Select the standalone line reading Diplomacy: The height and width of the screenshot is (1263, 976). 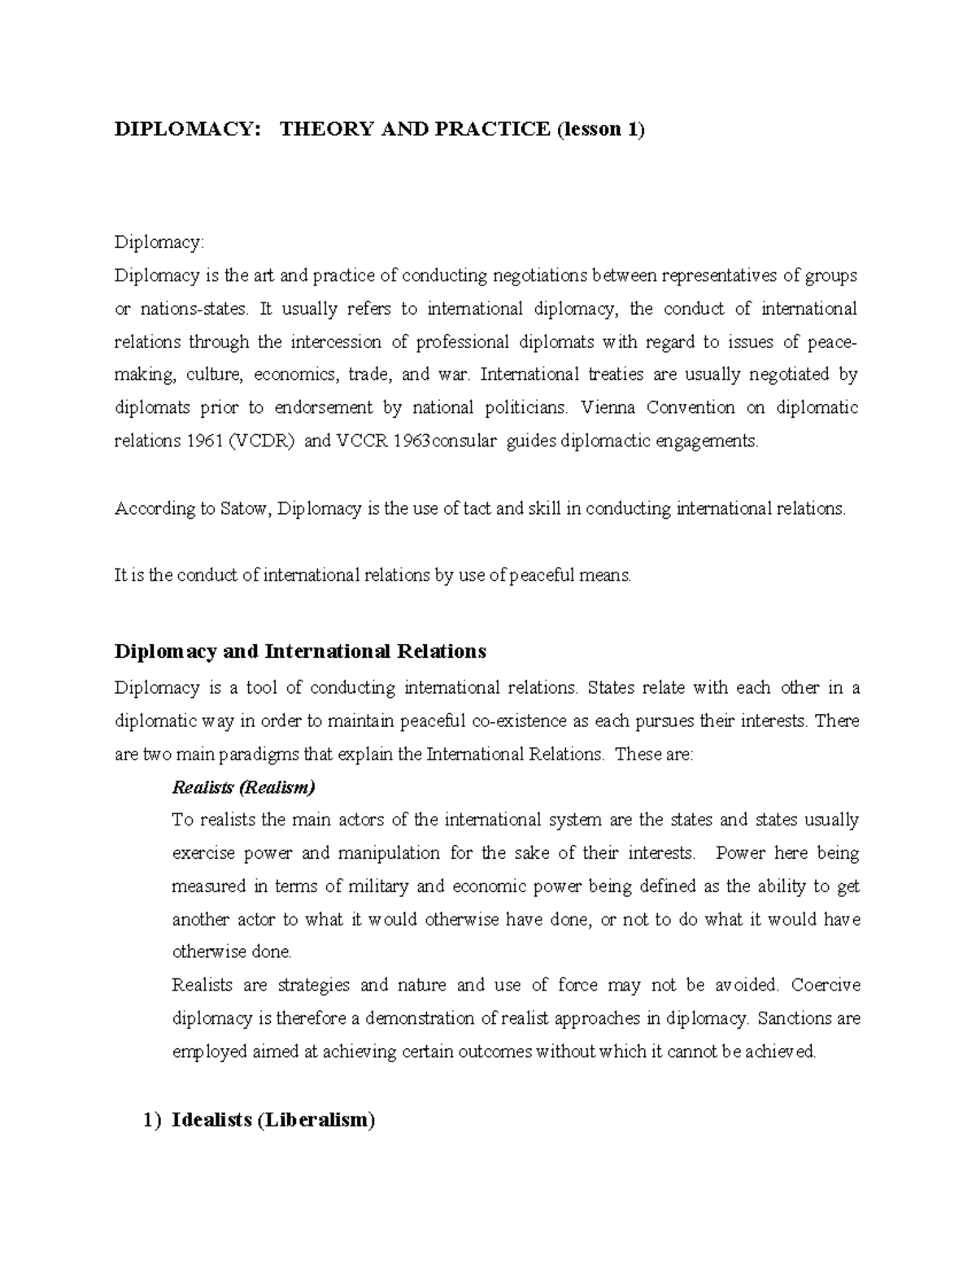tap(160, 242)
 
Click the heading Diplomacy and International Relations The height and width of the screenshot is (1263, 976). tap(300, 651)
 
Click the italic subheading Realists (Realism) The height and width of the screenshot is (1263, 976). tap(243, 787)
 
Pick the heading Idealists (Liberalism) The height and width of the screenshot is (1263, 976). tap(273, 1121)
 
